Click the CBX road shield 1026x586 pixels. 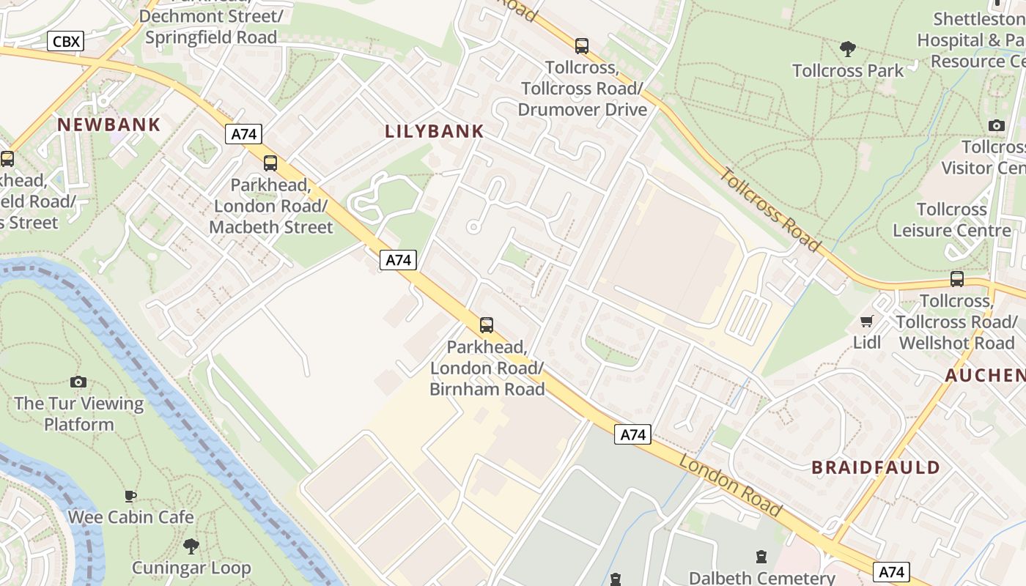pyautogui.click(x=66, y=41)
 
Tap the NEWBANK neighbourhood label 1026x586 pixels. pyautogui.click(x=109, y=125)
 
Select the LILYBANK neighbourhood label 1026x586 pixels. pyautogui.click(x=435, y=132)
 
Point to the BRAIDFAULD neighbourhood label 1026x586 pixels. pyautogui.click(x=876, y=467)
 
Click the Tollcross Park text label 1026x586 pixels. pyautogui.click(x=848, y=71)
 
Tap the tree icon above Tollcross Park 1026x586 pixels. pyautogui.click(x=848, y=49)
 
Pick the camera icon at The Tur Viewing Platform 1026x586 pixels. pyautogui.click(x=78, y=382)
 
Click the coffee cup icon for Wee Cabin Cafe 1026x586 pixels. pyautogui.click(x=130, y=496)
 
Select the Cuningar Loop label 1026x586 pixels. pyautogui.click(x=191, y=568)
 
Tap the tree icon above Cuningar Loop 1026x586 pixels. pyautogui.click(x=191, y=546)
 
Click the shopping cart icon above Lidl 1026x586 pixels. pyautogui.click(x=867, y=321)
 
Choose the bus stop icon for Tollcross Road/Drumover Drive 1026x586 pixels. pyautogui.click(x=582, y=46)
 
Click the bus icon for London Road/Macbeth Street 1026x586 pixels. pyautogui.click(x=270, y=163)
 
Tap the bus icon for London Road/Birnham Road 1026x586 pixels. pyautogui.click(x=487, y=324)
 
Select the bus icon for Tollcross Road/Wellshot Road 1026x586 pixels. pyautogui.click(x=957, y=279)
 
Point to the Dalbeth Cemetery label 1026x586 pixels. pyautogui.click(x=762, y=578)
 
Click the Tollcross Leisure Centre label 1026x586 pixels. pyautogui.click(x=952, y=220)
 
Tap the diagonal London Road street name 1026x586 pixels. pyautogui.click(x=730, y=484)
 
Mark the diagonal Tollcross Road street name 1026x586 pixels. pyautogui.click(x=769, y=208)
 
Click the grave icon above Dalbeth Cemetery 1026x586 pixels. pyautogui.click(x=761, y=557)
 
